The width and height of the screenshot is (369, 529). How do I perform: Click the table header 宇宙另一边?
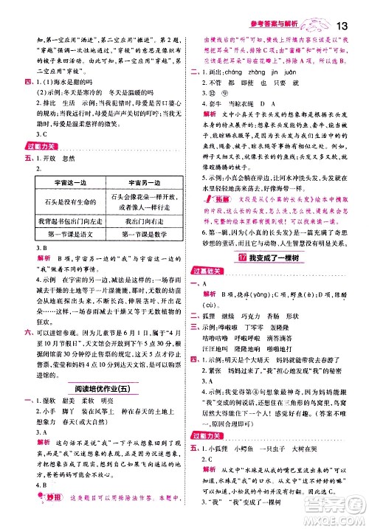pos(139,182)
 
